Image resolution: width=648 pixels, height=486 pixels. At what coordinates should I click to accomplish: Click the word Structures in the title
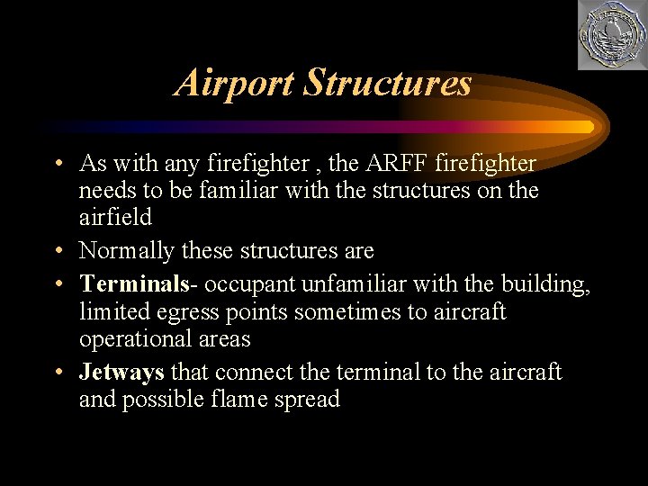(387, 83)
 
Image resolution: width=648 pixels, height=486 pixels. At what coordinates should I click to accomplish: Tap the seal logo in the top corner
(610, 36)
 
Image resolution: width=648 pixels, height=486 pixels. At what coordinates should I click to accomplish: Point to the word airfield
(115, 218)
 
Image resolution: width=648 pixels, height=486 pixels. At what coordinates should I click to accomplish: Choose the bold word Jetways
(121, 372)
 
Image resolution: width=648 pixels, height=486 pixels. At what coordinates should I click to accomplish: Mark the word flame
(249, 399)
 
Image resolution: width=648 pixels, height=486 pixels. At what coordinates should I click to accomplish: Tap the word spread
(309, 399)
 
